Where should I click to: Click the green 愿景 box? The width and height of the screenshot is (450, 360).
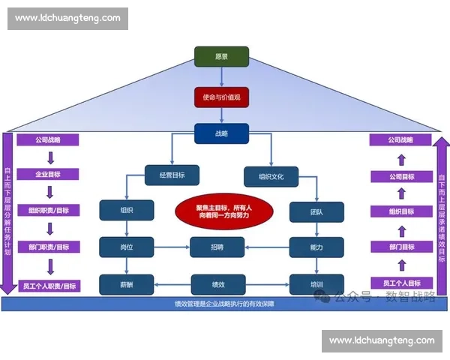point(222,57)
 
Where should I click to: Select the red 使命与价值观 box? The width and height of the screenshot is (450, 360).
point(221,97)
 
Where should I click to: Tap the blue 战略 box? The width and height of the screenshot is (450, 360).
point(221,133)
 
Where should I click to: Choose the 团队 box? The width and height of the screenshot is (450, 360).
point(316,211)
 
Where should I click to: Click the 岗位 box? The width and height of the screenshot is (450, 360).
point(126,247)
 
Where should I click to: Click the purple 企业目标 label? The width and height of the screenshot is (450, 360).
point(46,175)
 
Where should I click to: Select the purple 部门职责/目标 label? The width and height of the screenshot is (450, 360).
point(48,246)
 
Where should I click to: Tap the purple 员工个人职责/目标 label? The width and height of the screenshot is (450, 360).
point(48,285)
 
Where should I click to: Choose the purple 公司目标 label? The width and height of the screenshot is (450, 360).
point(400,176)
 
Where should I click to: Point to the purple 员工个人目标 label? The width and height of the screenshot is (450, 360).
point(400,283)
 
